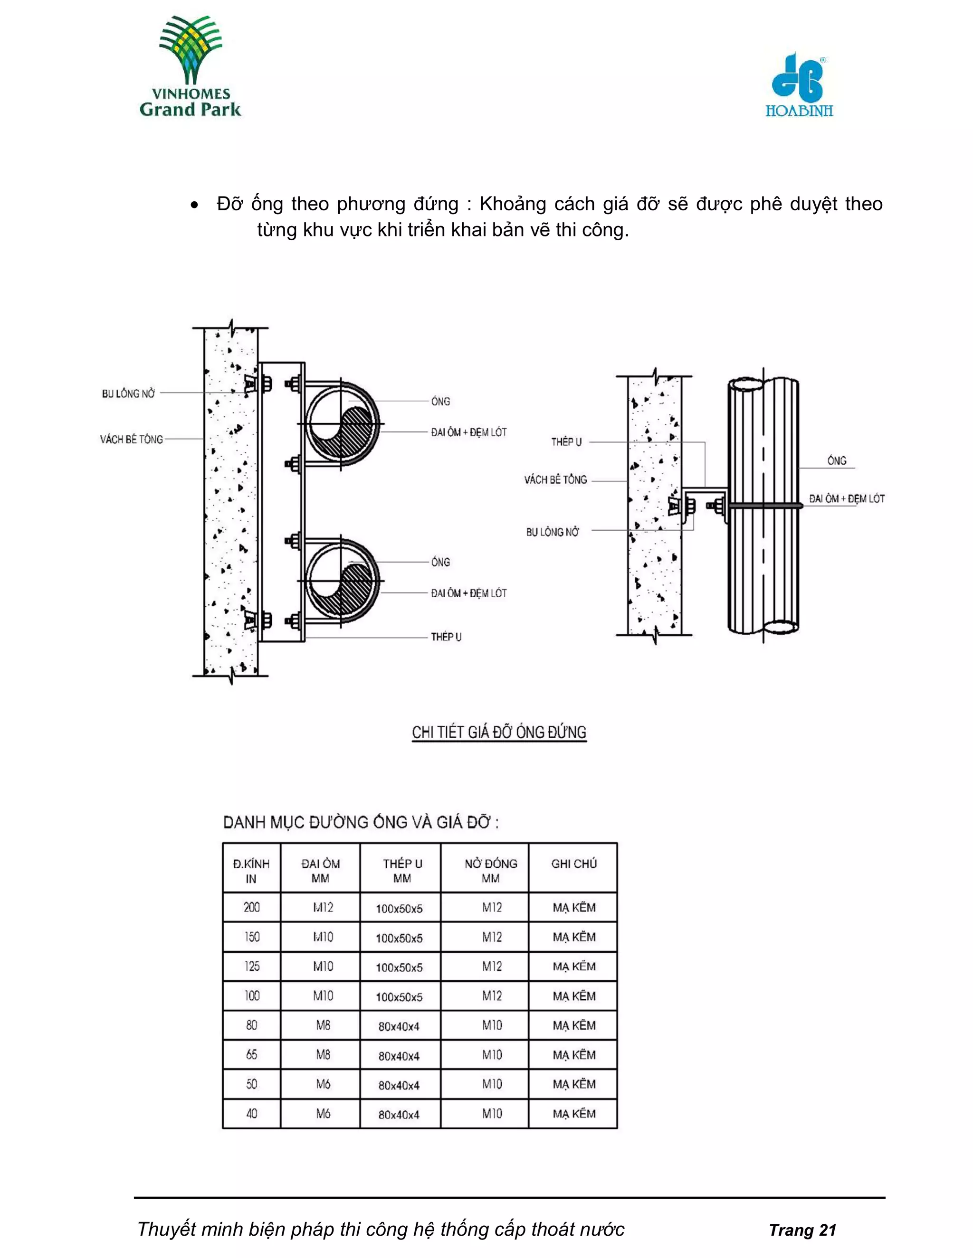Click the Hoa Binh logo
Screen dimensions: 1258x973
pyautogui.click(x=799, y=85)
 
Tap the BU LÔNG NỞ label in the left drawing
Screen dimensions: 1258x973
pyautogui.click(x=129, y=394)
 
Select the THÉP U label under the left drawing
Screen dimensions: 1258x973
pyautogui.click(x=446, y=637)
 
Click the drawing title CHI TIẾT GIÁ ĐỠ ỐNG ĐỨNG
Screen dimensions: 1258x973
pyautogui.click(x=499, y=732)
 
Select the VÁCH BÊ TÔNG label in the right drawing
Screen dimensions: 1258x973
pyautogui.click(x=555, y=479)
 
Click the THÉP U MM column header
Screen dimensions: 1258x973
pyautogui.click(x=402, y=870)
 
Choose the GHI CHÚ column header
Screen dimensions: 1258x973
pyautogui.click(x=573, y=864)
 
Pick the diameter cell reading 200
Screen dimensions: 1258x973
pyautogui.click(x=252, y=907)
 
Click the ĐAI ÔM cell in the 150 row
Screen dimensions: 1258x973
pyautogui.click(x=323, y=937)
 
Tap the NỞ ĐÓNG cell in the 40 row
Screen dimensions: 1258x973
pyautogui.click(x=492, y=1113)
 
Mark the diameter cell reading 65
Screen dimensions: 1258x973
pyautogui.click(x=252, y=1055)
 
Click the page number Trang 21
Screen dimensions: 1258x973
pyautogui.click(x=802, y=1230)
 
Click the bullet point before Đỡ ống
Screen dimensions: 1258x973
pyautogui.click(x=196, y=206)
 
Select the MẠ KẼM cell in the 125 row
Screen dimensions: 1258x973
pyautogui.click(x=573, y=967)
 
